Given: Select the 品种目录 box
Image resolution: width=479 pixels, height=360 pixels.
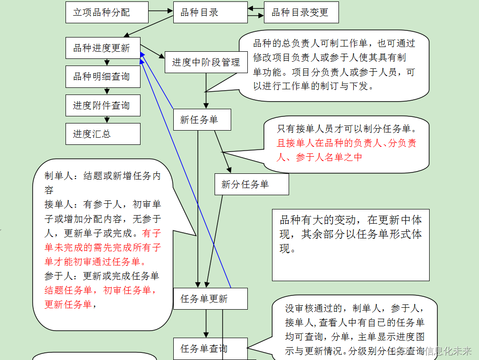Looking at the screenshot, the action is pos(210,12).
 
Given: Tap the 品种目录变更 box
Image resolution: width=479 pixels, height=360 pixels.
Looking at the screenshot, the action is pos(301,12).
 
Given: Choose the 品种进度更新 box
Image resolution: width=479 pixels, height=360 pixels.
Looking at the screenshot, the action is pos(103,48).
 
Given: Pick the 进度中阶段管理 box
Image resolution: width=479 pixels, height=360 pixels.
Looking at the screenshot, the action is pos(206,62).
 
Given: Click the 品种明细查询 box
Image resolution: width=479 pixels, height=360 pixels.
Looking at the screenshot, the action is pos(103,76).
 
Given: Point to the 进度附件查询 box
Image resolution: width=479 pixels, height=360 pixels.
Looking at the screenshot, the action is pos(103,105).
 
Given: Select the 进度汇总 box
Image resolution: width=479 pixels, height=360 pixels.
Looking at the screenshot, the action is pos(103,134).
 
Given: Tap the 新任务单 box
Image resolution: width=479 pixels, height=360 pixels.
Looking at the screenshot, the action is pos(202,120).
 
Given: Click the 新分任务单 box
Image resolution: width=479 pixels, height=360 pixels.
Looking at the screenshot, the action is pos(252,184).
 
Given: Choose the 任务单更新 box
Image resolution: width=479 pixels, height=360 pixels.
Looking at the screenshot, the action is pos(210,299).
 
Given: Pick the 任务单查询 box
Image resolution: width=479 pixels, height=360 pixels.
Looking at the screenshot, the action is pos(210,349).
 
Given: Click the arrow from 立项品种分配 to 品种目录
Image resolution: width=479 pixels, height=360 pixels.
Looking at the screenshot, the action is pos(160,10).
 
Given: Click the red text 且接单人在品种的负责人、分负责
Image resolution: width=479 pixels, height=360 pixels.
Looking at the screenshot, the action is pos(347,143).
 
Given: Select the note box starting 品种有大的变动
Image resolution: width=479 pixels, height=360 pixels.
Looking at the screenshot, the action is pos(350,245).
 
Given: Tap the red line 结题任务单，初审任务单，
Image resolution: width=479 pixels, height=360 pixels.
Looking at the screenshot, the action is pos(101,290).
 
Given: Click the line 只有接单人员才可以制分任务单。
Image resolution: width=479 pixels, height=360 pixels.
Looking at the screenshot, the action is pos(347,129).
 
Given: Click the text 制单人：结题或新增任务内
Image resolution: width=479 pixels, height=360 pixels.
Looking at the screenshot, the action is pos(103,176).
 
